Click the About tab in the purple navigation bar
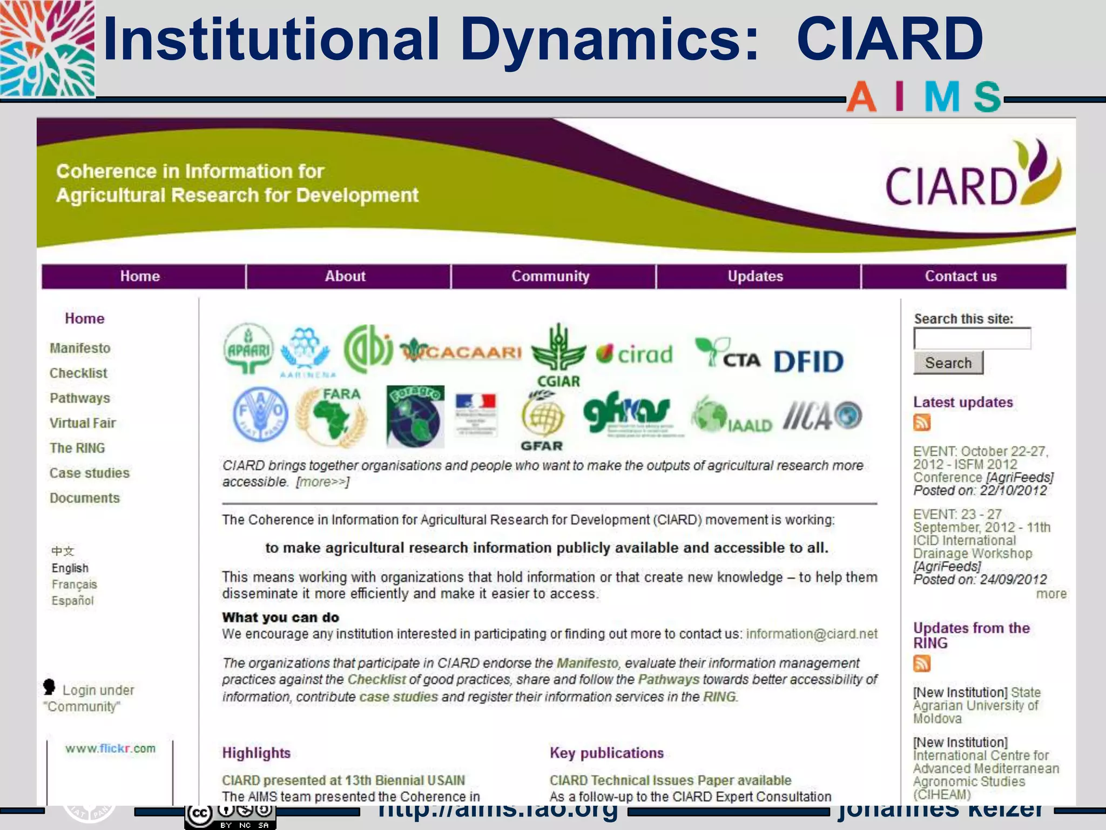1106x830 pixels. coord(345,276)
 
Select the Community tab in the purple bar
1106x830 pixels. coord(550,276)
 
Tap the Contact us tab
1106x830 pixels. coord(961,276)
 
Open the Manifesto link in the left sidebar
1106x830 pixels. coord(80,348)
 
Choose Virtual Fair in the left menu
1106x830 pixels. coord(83,423)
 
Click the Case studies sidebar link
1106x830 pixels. coord(90,473)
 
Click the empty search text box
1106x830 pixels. coord(972,339)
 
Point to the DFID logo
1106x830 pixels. coord(808,362)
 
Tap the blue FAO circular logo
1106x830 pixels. coord(260,414)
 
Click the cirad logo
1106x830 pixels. coord(635,354)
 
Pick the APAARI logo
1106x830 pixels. coord(248,350)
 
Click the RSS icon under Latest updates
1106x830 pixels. coord(922,423)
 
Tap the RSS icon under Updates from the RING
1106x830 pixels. coord(922,663)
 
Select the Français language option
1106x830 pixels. coord(74,584)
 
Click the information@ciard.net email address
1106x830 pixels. coord(812,634)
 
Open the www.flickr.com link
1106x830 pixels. coord(110,748)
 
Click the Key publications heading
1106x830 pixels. coord(606,753)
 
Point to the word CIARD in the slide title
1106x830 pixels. coord(890,39)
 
